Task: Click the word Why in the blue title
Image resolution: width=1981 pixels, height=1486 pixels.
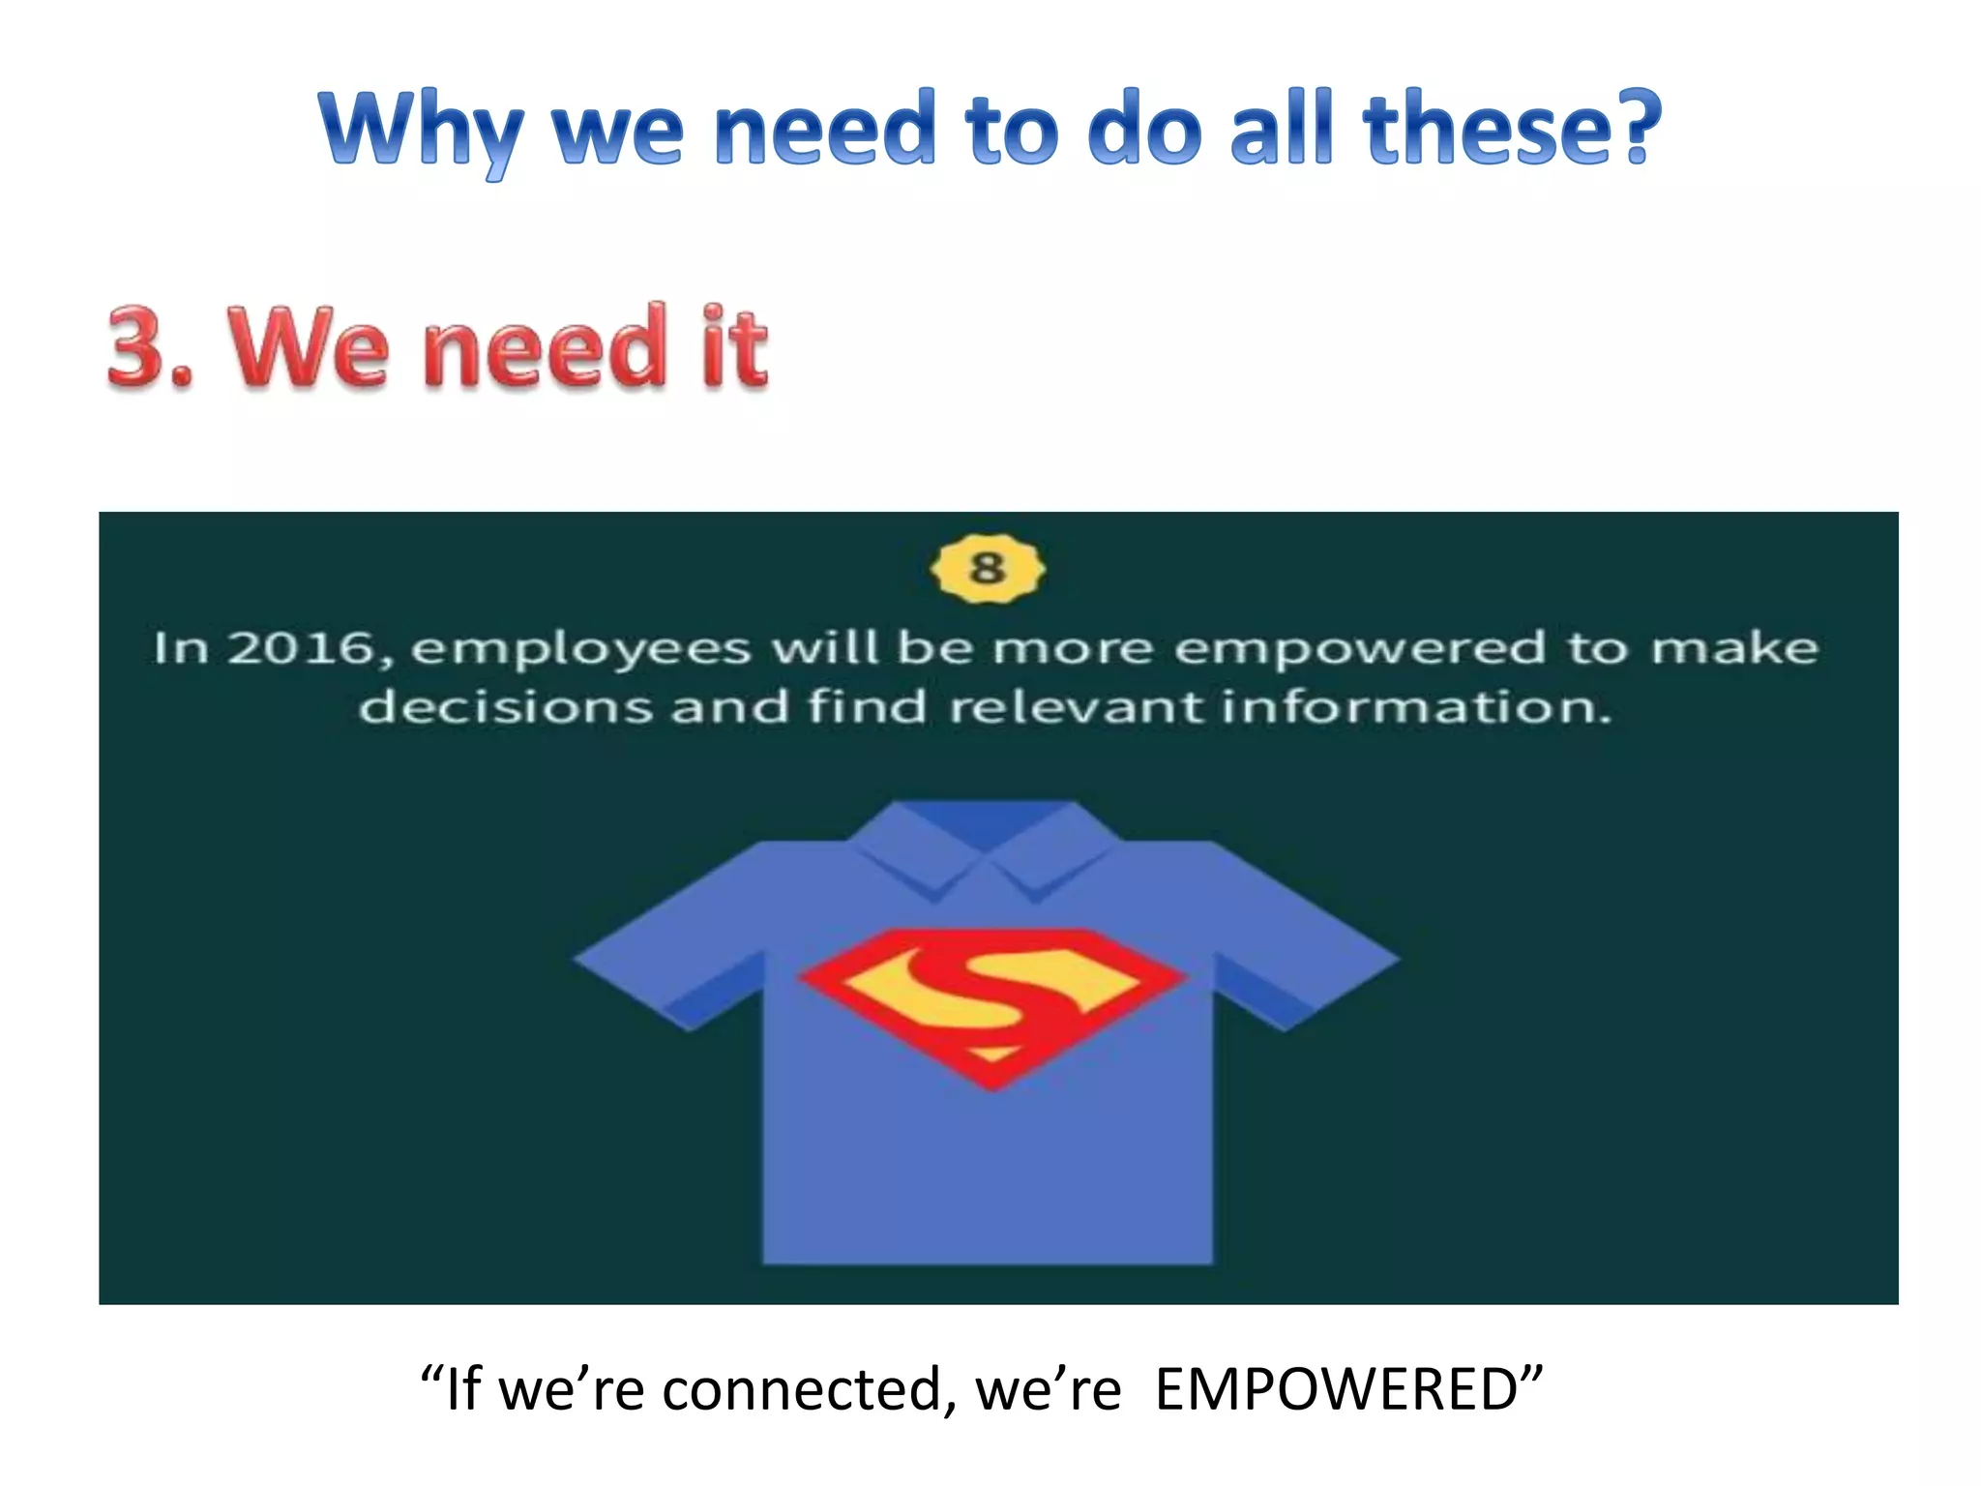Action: coord(422,131)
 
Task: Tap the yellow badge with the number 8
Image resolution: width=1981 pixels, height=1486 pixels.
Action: coord(987,568)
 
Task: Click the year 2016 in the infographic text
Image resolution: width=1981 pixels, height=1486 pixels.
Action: coord(301,648)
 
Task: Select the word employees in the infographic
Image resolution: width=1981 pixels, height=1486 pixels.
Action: coord(580,650)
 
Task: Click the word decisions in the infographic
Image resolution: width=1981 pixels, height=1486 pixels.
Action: coord(505,707)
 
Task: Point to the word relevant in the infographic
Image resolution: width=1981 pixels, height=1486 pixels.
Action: coord(1076,707)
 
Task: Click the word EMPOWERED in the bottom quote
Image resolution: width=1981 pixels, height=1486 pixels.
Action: coord(1336,1390)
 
